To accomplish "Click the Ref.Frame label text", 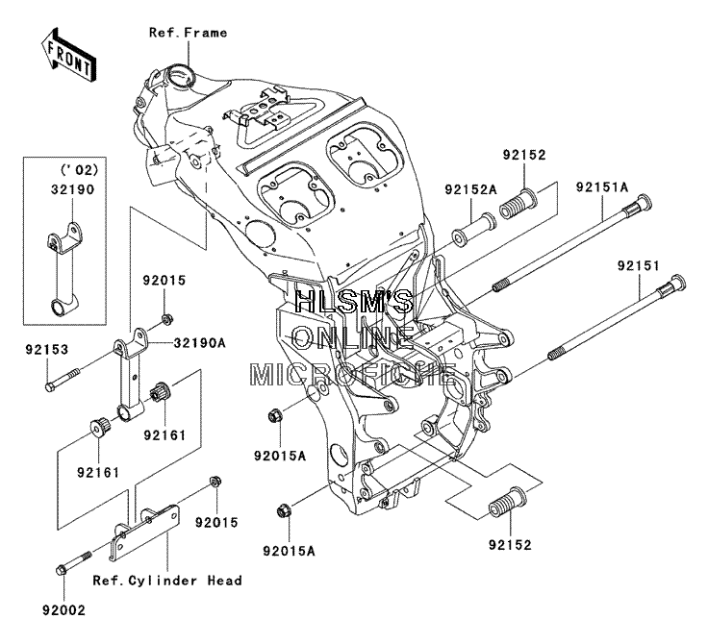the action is click(x=189, y=33).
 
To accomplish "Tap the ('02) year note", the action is click(x=79, y=170).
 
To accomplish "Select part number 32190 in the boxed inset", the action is click(x=72, y=189).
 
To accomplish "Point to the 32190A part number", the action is click(x=199, y=343).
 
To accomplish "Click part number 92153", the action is click(x=47, y=350).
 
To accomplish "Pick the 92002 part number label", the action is click(x=63, y=610).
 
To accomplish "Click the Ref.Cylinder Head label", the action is click(x=167, y=581).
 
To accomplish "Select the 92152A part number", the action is click(x=470, y=189).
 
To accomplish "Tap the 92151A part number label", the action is click(x=602, y=186).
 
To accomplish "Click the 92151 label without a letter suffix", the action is click(x=639, y=266).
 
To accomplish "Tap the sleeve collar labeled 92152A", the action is click(x=473, y=230).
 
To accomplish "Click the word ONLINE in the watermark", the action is click(x=353, y=338).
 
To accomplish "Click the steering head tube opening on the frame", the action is click(x=180, y=74).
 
